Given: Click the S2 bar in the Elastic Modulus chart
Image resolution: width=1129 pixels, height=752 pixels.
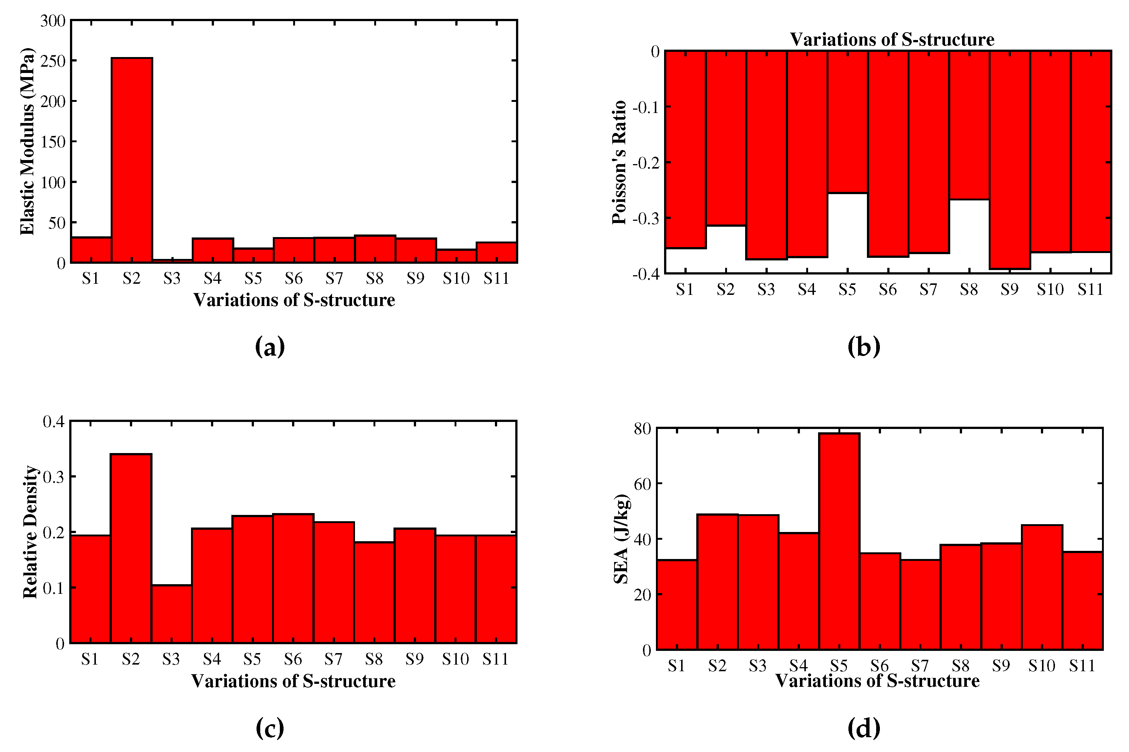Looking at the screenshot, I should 132,161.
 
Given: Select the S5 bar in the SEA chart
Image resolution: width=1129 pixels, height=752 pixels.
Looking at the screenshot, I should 839,542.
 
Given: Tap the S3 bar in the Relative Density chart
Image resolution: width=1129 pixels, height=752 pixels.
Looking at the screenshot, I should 171,614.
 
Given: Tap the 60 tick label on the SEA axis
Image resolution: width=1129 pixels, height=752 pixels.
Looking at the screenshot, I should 642,484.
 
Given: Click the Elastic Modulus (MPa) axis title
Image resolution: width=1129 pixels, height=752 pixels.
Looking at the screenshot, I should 27,142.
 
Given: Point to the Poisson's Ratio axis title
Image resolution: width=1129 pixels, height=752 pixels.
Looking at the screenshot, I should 619,162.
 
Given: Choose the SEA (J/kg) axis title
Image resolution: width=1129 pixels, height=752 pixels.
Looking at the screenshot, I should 621,539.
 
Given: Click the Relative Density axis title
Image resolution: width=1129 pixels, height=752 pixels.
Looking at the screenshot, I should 30,532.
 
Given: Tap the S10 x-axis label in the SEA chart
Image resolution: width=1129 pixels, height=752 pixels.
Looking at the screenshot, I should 1041,666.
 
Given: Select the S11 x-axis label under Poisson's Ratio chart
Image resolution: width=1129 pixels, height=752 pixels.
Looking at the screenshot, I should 1090,290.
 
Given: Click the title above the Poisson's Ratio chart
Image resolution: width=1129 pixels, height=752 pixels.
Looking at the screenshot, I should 892,39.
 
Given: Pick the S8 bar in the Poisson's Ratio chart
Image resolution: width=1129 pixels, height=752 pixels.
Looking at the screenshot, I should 969,125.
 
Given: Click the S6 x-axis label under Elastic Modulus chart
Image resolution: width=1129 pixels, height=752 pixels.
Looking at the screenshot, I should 294,279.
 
